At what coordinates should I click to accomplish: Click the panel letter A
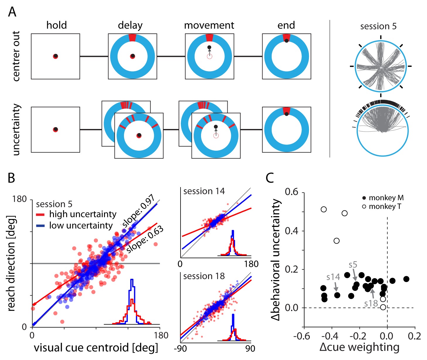12,12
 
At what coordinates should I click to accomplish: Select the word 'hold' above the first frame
57,25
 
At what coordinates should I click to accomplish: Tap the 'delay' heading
130,26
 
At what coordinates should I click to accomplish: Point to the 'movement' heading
209,26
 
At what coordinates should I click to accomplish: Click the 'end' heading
286,26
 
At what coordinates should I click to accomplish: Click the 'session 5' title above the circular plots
378,26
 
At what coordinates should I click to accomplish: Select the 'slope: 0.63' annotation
145,240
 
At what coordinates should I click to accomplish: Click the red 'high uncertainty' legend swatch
40,215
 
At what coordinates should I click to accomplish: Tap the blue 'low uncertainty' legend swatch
40,226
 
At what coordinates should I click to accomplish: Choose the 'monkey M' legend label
386,198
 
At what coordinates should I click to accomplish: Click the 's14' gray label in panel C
333,277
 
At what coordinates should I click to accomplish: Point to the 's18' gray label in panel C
371,303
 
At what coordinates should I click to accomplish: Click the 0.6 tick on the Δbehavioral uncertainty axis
292,192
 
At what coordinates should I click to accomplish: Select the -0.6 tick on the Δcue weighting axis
302,336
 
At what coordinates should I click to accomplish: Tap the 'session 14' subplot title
204,191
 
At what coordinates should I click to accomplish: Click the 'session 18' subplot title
204,276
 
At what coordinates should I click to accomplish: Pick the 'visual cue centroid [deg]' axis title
96,348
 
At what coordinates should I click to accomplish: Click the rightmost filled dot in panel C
406,279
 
